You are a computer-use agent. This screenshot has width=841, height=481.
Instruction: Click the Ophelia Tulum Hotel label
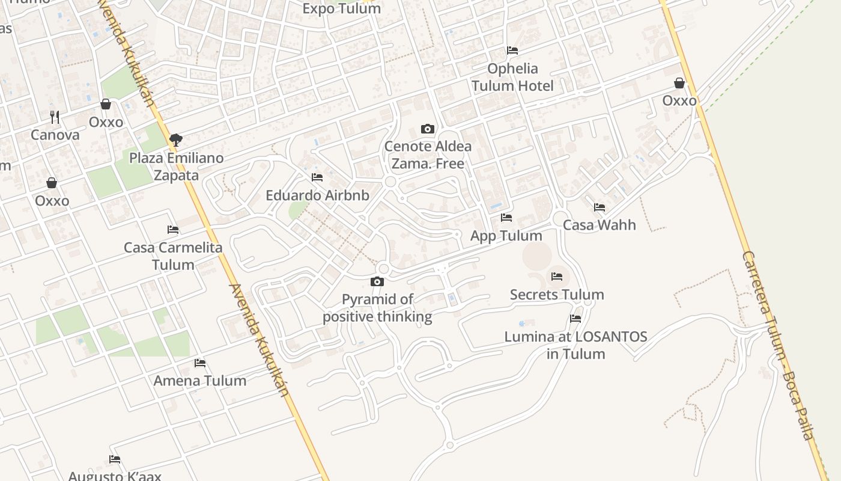pyautogui.click(x=512, y=77)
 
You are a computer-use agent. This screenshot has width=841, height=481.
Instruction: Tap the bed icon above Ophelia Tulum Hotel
pyautogui.click(x=512, y=51)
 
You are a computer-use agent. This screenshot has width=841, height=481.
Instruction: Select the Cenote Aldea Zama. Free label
pyautogui.click(x=428, y=155)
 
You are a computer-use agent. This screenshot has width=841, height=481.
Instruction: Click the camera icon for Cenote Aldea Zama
pyautogui.click(x=428, y=129)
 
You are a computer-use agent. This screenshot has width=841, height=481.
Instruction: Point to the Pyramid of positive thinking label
pyautogui.click(x=377, y=308)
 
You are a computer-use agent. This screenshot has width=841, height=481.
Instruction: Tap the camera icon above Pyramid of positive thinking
pyautogui.click(x=377, y=281)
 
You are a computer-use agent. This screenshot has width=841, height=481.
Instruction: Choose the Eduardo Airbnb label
pyautogui.click(x=317, y=195)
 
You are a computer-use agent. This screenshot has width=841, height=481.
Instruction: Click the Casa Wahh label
pyautogui.click(x=599, y=225)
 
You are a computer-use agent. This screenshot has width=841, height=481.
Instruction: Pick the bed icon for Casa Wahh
pyautogui.click(x=599, y=207)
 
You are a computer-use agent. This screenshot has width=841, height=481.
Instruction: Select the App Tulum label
pyautogui.click(x=506, y=236)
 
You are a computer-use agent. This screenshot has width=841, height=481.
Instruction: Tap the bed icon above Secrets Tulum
pyautogui.click(x=557, y=277)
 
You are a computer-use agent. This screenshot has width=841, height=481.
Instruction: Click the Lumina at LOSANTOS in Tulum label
pyautogui.click(x=575, y=345)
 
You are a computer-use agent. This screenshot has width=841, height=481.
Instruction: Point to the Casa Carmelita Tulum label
pyautogui.click(x=173, y=256)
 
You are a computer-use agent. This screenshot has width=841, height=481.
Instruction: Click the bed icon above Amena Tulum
pyautogui.click(x=200, y=363)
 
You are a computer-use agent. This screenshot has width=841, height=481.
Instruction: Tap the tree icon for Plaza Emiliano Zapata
pyautogui.click(x=176, y=140)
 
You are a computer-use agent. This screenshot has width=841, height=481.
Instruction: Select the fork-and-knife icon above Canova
pyautogui.click(x=55, y=117)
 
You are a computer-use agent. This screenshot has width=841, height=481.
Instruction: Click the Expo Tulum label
pyautogui.click(x=341, y=8)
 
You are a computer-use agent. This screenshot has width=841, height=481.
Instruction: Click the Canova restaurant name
pyautogui.click(x=55, y=135)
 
